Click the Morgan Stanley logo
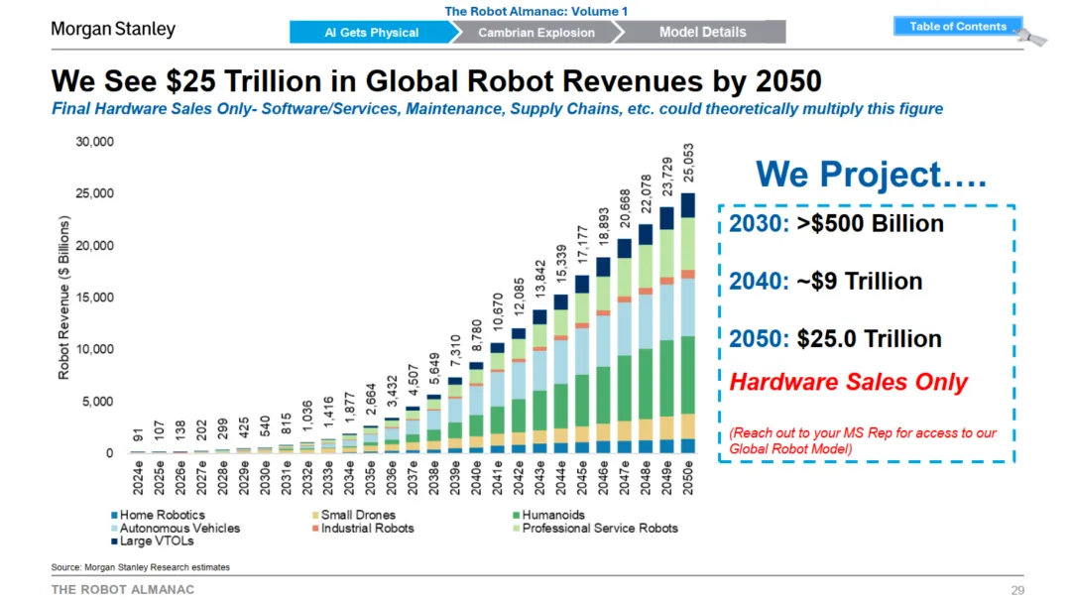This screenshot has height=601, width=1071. [113, 29]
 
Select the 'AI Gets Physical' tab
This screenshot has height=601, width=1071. [372, 32]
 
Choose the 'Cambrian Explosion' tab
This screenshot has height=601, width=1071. [536, 32]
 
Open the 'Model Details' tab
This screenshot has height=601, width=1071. [702, 32]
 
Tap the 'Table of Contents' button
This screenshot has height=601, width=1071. [958, 27]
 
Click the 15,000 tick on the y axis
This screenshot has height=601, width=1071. [95, 298]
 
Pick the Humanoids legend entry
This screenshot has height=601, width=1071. [553, 515]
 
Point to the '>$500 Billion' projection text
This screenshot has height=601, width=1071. [870, 223]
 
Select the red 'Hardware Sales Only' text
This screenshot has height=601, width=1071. [848, 383]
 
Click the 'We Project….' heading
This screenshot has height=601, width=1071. [871, 175]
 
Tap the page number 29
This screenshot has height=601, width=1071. [1016, 590]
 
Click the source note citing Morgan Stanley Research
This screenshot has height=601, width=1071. [140, 567]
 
